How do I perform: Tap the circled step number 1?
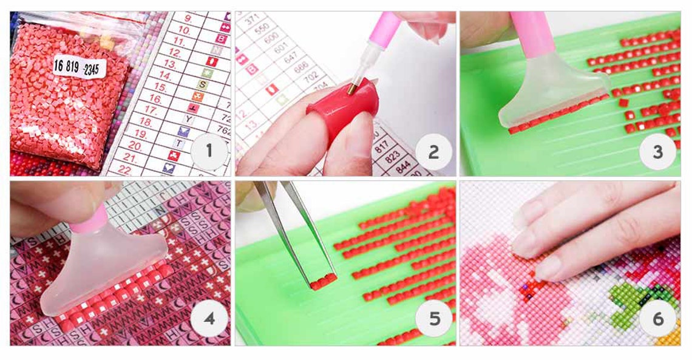coord(209,150)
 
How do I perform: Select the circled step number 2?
coord(433,151)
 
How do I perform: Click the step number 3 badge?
coord(657,151)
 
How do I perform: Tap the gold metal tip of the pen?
coord(351,89)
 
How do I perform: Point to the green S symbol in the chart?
coord(206,72)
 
